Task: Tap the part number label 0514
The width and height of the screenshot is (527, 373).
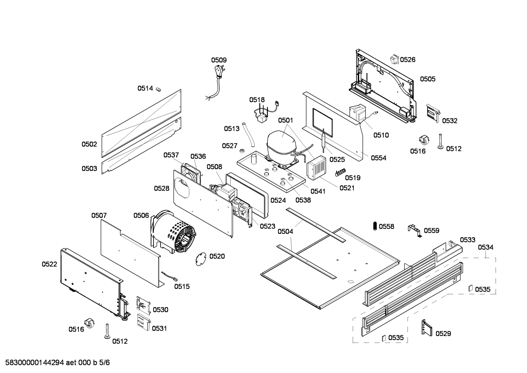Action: point(145,88)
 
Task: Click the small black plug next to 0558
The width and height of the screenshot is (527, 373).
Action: point(375,226)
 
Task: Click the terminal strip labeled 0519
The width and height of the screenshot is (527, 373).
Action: point(338,172)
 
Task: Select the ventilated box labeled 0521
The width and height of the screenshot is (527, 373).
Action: point(316,168)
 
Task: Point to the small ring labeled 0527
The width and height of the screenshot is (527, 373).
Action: point(242,150)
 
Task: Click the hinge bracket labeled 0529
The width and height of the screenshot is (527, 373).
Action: point(426,328)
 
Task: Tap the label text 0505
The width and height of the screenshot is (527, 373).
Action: point(427,79)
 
